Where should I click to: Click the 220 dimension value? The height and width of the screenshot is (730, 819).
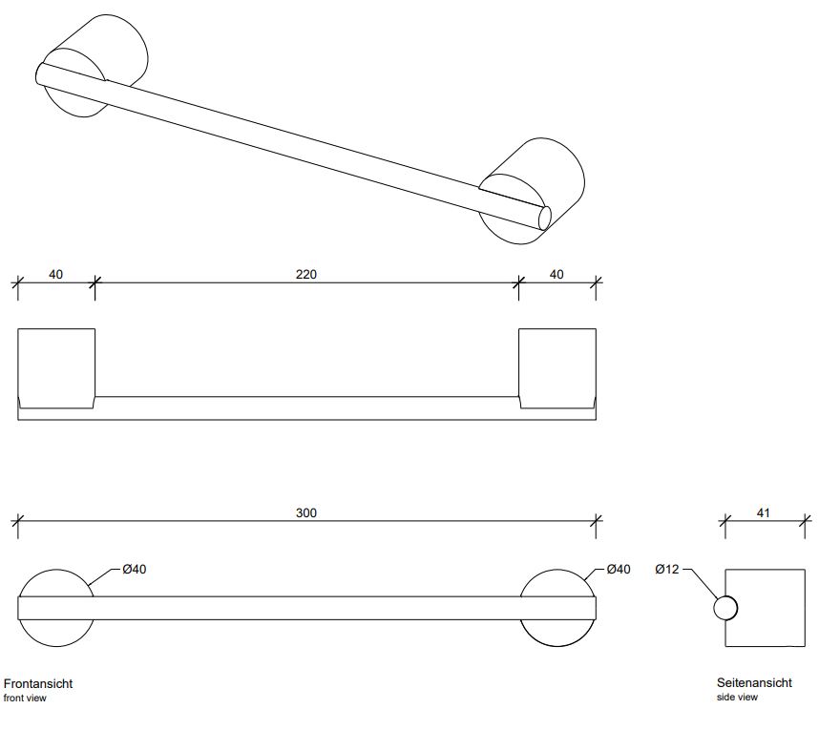click(305, 275)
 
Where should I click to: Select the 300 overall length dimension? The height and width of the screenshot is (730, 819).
click(305, 512)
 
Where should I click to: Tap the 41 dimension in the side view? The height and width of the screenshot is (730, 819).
click(764, 513)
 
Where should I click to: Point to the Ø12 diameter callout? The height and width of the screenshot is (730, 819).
click(666, 570)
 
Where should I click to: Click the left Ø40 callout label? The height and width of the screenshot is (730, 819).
click(135, 570)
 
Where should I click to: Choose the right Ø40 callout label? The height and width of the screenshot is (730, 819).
click(619, 570)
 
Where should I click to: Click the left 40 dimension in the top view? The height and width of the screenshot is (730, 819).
click(55, 275)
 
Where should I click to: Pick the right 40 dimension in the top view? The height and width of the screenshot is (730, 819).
click(556, 275)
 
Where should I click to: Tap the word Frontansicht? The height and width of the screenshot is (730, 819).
click(38, 683)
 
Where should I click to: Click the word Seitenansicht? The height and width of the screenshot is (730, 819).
click(754, 683)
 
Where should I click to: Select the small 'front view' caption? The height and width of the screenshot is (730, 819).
click(25, 699)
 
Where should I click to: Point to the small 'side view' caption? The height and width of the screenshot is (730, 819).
click(737, 698)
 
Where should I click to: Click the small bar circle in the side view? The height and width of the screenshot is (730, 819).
click(725, 608)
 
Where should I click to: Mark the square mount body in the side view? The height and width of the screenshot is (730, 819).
click(768, 608)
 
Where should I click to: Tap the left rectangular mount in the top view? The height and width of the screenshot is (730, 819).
click(56, 363)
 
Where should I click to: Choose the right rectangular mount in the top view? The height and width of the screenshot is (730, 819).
click(557, 363)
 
